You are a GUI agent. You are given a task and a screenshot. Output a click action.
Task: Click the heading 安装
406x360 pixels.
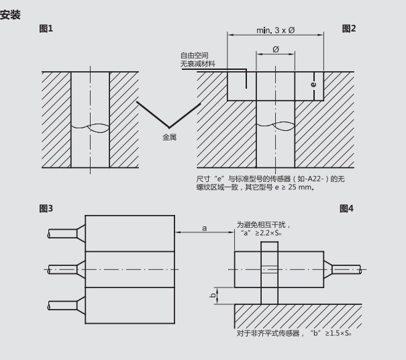(x=10, y=15)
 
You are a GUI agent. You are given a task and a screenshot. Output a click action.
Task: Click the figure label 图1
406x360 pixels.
(x=46, y=28)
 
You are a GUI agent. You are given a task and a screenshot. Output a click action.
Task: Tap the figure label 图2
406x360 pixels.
(x=349, y=28)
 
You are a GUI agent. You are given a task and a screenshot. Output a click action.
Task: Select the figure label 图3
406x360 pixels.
(x=46, y=208)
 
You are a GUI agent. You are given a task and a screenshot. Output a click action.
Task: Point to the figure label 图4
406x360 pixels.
(x=346, y=208)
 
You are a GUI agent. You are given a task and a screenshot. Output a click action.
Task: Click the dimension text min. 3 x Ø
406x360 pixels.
(x=276, y=30)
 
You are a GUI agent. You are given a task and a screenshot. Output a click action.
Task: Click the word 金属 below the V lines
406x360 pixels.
(x=169, y=137)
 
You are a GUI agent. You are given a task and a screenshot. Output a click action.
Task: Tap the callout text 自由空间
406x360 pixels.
(x=195, y=55)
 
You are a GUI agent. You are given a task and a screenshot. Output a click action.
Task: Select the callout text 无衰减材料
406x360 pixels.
(x=198, y=64)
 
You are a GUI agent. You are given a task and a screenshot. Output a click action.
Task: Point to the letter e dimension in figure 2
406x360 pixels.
(x=313, y=85)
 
